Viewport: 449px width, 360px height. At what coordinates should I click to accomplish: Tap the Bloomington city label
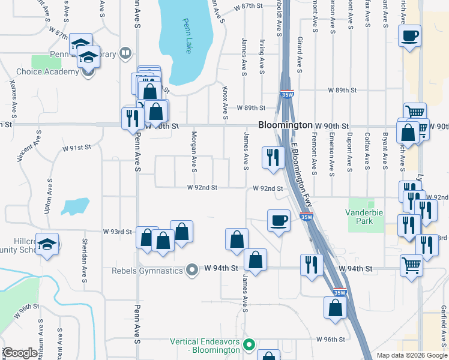285,125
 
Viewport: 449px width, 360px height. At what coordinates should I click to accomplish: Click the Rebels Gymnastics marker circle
192,270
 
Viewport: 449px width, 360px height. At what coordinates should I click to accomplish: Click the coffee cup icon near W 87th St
409,36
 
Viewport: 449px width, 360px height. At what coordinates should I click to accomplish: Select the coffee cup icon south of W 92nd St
279,220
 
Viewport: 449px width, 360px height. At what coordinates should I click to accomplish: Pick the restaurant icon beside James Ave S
273,157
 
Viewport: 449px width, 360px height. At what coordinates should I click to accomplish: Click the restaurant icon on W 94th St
311,264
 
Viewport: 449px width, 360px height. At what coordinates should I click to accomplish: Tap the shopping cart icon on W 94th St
411,264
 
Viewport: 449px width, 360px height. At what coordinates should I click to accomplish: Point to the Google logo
20,353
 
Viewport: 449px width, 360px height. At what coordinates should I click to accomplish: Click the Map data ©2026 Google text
411,355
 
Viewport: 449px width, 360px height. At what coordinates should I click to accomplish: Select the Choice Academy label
47,72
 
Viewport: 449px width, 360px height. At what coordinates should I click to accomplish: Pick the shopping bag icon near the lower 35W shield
335,307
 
